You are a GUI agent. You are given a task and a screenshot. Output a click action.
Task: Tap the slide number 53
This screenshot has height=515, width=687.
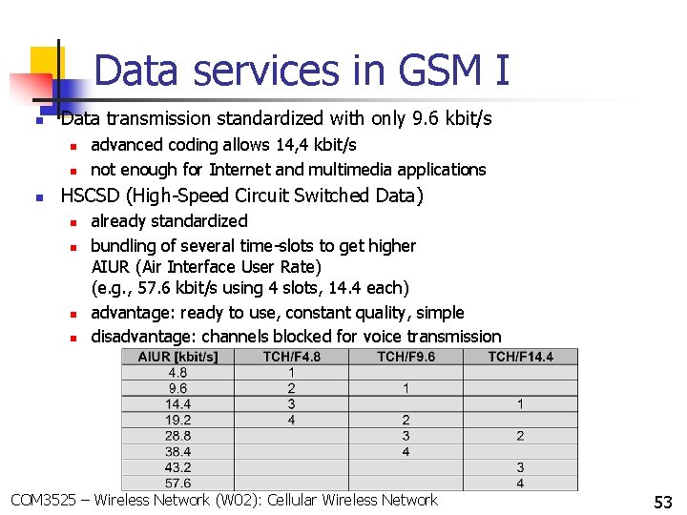(662, 502)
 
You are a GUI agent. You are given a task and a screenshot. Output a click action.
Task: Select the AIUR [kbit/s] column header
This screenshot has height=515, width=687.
(177, 357)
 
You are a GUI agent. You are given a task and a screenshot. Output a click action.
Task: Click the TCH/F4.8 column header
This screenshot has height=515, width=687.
(291, 357)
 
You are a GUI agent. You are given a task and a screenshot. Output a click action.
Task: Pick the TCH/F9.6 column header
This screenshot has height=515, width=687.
(406, 357)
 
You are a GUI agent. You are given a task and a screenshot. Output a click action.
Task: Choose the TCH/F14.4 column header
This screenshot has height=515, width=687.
(520, 357)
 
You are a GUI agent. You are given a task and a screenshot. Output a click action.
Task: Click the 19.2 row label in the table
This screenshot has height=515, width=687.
(177, 420)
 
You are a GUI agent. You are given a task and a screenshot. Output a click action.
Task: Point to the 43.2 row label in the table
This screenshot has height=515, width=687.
(177, 467)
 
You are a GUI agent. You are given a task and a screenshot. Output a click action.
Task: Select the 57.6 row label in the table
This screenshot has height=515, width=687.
(177, 484)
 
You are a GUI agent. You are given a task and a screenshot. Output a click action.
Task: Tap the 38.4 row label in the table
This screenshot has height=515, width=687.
(177, 451)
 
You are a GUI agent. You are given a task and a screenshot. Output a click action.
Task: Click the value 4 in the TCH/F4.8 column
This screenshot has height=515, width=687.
(291, 420)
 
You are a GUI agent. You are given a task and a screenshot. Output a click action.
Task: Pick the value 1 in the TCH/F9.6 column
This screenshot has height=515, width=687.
(406, 388)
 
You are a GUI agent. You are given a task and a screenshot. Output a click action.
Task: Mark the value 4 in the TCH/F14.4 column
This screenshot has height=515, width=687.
(520, 484)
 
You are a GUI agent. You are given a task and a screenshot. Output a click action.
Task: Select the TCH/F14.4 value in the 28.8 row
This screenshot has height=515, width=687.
(520, 436)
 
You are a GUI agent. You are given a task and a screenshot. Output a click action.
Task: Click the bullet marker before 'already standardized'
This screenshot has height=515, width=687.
(73, 221)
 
